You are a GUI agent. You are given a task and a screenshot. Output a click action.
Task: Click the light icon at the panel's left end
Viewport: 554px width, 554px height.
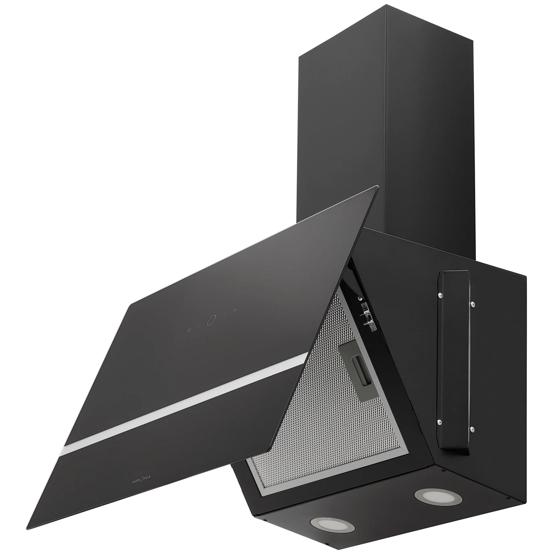tap(189, 329)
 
